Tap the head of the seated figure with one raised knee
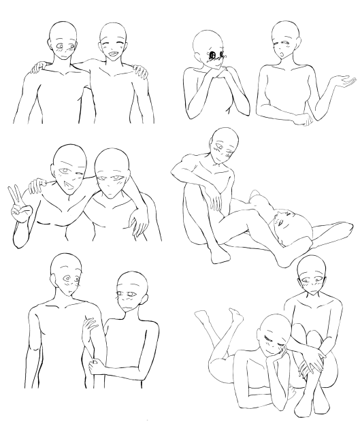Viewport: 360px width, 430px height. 221,144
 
